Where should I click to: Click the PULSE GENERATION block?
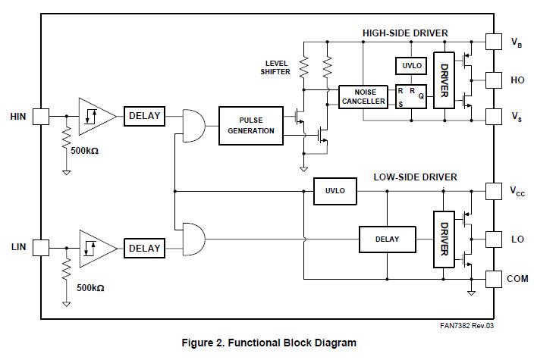point(251,125)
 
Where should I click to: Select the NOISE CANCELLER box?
point(360,97)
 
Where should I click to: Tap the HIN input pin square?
point(40,116)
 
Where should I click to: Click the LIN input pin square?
point(40,247)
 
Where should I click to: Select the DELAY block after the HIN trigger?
point(144,116)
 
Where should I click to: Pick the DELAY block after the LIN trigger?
point(144,248)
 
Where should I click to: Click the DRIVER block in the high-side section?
point(444,80)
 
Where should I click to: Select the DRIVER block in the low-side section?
point(444,240)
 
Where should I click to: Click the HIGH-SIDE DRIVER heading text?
point(405,33)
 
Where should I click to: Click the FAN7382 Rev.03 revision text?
point(471,327)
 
